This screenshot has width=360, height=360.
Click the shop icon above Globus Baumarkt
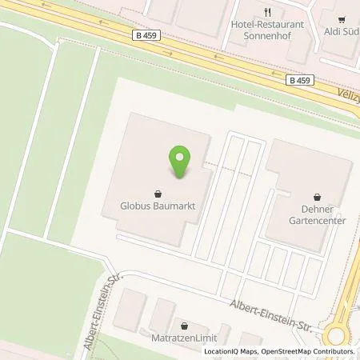(158, 193)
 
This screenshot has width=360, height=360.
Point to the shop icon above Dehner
(318, 195)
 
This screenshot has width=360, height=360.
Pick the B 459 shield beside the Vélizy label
(301, 79)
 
